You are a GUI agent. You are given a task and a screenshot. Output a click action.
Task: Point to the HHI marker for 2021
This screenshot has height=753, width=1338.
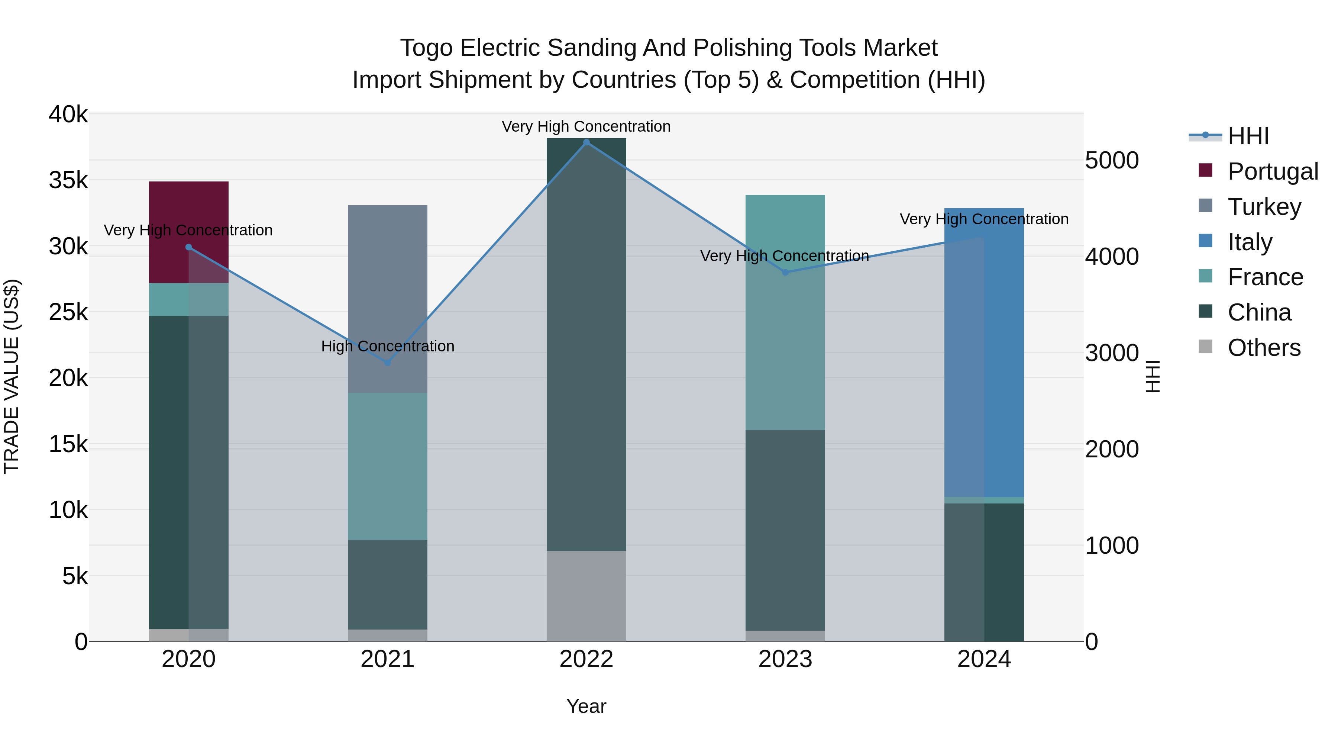pos(388,363)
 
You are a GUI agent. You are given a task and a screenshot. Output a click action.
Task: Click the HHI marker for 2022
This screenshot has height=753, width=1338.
pos(586,142)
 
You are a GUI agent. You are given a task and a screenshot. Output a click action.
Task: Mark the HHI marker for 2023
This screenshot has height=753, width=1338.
pos(785,272)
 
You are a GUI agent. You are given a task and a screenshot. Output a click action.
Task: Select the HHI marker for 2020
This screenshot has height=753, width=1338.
pos(188,247)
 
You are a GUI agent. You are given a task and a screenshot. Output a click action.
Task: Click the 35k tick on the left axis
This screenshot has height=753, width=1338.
pos(68,181)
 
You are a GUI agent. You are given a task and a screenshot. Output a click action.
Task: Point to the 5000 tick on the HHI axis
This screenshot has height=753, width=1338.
pos(1112,161)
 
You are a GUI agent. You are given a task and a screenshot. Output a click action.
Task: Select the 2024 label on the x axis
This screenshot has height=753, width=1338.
pos(984,659)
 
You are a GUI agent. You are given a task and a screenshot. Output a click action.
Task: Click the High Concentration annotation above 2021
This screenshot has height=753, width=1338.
pos(388,346)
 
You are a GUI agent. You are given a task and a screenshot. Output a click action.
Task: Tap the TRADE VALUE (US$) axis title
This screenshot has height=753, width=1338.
pos(12,377)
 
